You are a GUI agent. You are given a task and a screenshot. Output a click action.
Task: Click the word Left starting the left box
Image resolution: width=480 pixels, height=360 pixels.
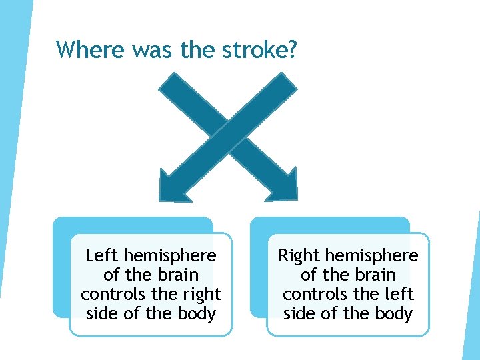tap(102, 255)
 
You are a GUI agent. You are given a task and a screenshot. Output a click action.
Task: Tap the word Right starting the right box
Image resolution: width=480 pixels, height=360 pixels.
tap(299, 255)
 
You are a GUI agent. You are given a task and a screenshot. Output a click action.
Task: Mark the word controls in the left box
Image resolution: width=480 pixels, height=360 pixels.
tap(109, 294)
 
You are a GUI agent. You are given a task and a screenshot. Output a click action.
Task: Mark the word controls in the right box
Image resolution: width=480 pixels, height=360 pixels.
tap(311, 294)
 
